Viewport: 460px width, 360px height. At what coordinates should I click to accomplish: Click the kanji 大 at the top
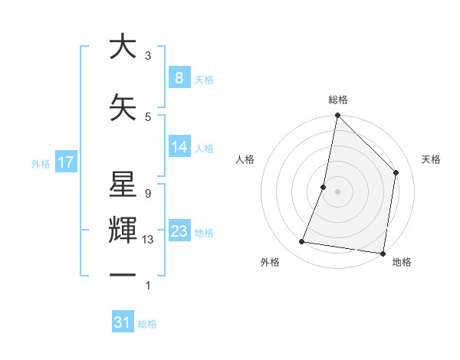coord(123,47)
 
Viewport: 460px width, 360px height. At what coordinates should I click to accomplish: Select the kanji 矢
coord(123,108)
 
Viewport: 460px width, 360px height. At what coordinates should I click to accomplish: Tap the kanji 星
coord(123,186)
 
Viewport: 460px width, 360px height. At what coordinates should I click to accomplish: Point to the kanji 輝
coord(123,231)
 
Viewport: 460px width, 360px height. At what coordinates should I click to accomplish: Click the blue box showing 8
coord(179,77)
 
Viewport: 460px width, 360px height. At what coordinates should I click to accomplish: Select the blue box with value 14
coord(179,147)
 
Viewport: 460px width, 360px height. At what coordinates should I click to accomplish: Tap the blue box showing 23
coord(179,231)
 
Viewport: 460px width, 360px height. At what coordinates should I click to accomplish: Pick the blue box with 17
coord(65,162)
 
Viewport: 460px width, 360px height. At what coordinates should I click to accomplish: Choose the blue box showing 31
coord(123,322)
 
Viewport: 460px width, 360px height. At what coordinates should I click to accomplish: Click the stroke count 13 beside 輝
coord(148,239)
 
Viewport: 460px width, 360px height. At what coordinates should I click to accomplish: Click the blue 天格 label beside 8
coord(204,79)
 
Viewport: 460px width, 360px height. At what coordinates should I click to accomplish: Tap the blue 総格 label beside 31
coord(147,324)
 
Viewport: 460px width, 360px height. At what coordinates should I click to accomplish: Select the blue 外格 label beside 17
coord(41,163)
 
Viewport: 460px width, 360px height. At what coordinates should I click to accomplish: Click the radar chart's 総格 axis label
coord(338,100)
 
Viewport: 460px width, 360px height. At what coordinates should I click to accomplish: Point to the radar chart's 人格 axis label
coord(245,159)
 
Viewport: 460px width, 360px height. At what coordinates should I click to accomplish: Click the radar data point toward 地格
coord(383,253)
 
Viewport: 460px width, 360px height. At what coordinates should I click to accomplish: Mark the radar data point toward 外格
coord(302,242)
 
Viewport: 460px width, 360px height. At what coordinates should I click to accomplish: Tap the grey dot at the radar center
coord(338,191)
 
